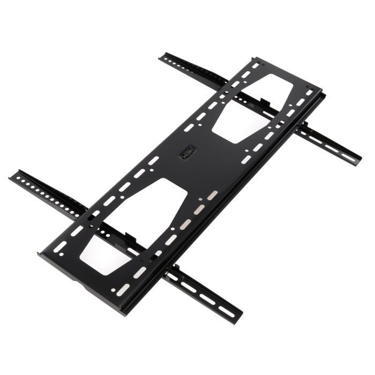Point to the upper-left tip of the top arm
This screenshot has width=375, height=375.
coord(162,56)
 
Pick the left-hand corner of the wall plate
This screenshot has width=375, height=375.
coord(39,252)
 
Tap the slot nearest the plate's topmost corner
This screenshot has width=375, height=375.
coord(255,66)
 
